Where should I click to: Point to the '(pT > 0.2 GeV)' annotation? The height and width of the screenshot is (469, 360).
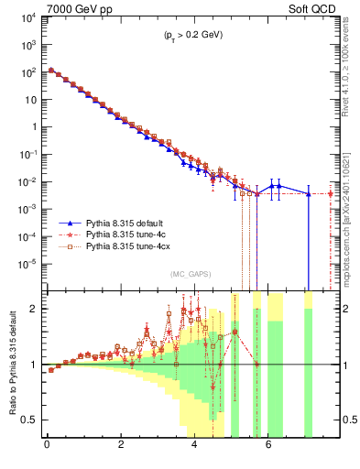(190, 35)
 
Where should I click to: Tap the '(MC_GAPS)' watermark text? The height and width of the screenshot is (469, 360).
(190, 274)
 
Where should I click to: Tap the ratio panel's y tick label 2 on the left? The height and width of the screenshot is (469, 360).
(36, 309)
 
